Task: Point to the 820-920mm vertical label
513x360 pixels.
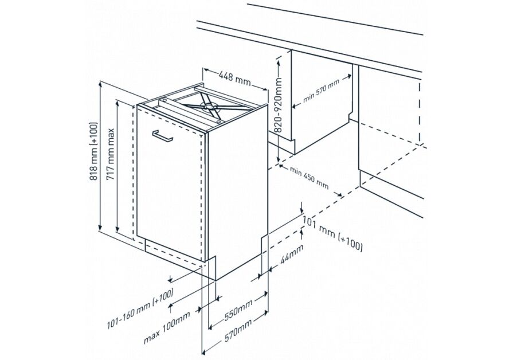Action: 277,106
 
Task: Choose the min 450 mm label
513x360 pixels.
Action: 309,178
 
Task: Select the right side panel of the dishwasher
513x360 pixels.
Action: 236,189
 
